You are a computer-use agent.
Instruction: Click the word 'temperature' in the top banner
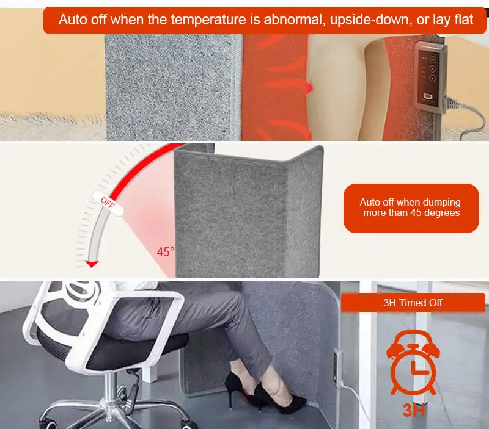[x=208, y=20]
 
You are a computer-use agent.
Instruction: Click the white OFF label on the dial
[x=108, y=203]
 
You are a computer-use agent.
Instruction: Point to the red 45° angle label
[x=165, y=251]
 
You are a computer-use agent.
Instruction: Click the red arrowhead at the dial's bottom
[x=92, y=264]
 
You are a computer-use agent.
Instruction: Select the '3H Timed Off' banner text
[x=413, y=303]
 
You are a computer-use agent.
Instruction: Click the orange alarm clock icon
[x=413, y=363]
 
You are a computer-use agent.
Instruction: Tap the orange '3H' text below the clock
[x=414, y=410]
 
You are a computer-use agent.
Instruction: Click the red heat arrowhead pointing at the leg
[x=310, y=88]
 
